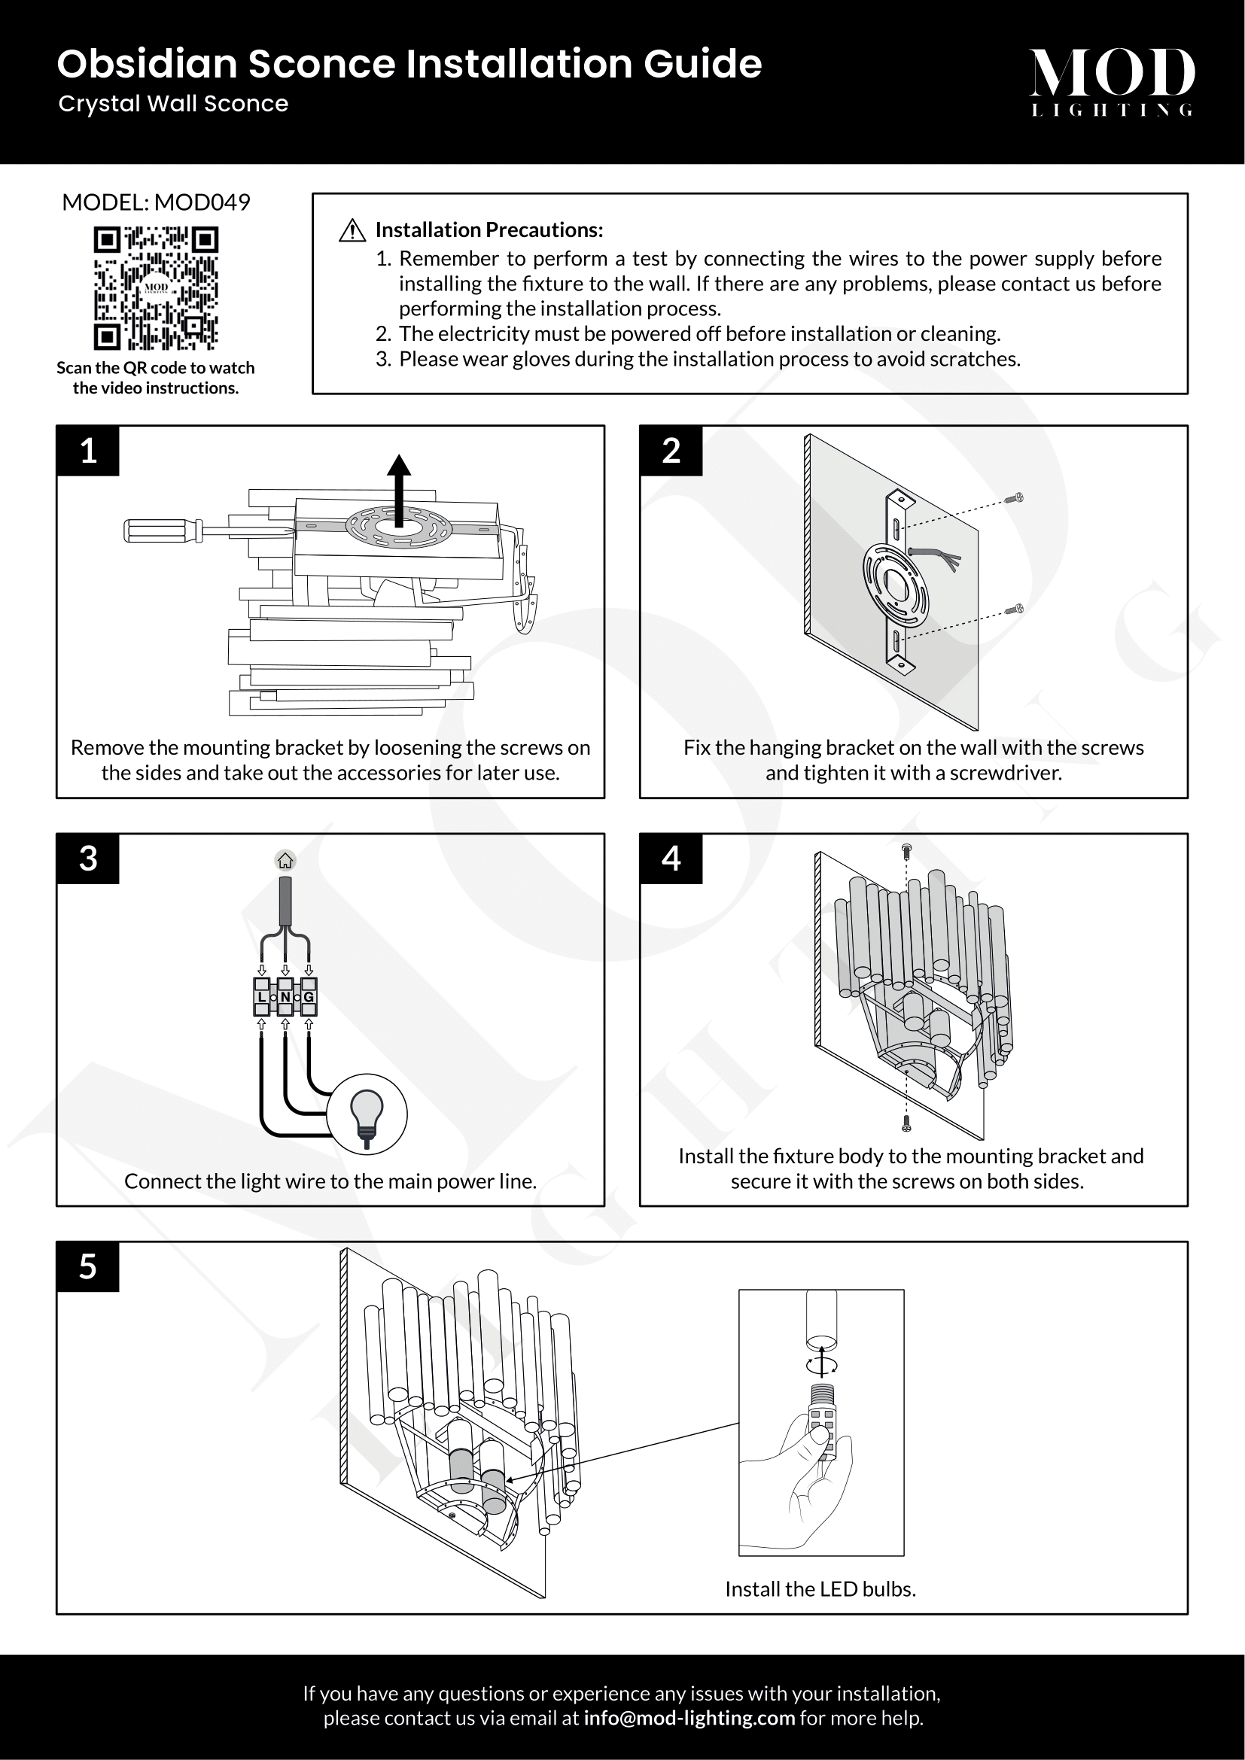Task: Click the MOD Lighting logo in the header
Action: [x=1111, y=81]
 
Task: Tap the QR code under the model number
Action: [x=156, y=287]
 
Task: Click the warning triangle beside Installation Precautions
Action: [x=352, y=230]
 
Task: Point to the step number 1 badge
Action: [x=88, y=451]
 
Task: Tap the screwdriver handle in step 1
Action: [x=162, y=530]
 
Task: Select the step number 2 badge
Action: [x=671, y=451]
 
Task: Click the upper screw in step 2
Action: [x=1016, y=498]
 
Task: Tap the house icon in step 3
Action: [x=285, y=861]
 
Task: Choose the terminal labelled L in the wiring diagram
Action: [x=262, y=997]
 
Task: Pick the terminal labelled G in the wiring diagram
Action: [x=309, y=997]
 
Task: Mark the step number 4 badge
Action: [x=671, y=859]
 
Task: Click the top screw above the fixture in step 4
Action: [x=906, y=851]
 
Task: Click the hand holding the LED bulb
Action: [x=805, y=1479]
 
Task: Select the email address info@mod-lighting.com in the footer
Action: [x=689, y=1718]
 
